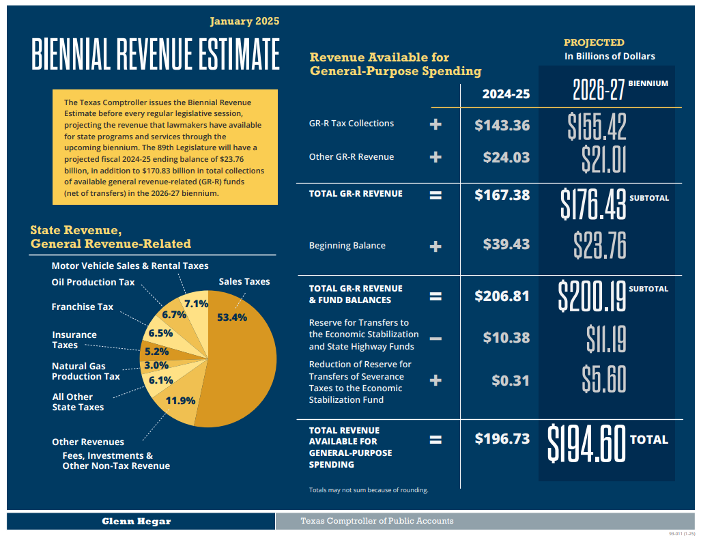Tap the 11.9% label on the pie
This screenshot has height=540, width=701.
click(x=181, y=401)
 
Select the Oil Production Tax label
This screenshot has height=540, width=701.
click(x=93, y=282)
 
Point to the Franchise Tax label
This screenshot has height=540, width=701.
click(x=83, y=307)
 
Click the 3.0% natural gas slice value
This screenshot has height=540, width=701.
click(x=156, y=365)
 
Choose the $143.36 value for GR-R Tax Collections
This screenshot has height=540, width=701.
click(x=502, y=125)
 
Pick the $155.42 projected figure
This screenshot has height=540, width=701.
click(x=597, y=126)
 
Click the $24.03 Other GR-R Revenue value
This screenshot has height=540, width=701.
click(x=506, y=157)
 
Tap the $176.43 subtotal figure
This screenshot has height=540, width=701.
click(x=593, y=203)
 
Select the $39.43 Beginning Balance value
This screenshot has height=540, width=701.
click(x=506, y=244)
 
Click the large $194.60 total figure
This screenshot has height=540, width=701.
click(x=586, y=443)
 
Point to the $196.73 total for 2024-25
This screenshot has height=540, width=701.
click(x=502, y=438)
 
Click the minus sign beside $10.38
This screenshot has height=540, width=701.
click(x=435, y=339)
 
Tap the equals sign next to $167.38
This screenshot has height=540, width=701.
click(x=435, y=195)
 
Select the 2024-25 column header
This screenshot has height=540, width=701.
click(x=506, y=94)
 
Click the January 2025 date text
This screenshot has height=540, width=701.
click(x=244, y=21)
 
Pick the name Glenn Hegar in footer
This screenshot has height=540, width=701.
click(x=137, y=521)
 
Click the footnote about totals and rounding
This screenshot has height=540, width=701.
click(x=369, y=490)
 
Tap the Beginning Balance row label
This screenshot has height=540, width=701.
click(x=347, y=245)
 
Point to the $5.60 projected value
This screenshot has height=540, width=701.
click(x=603, y=379)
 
